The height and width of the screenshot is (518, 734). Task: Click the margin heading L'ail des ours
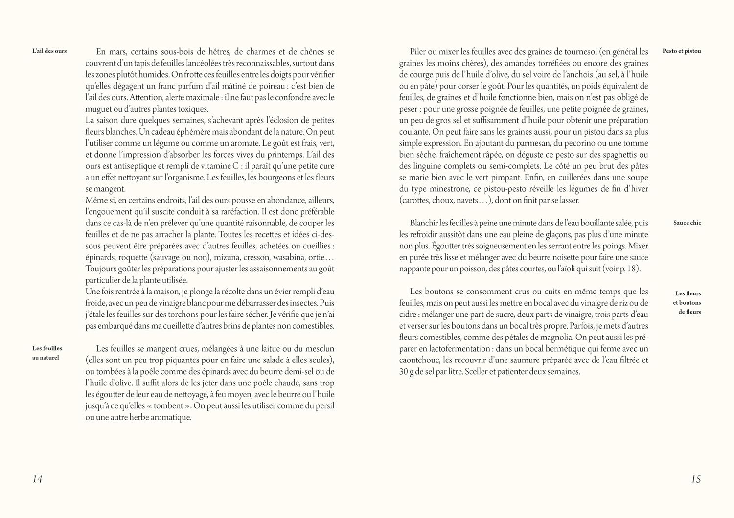[x=49, y=51]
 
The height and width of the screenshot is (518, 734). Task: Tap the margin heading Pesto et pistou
[x=682, y=51]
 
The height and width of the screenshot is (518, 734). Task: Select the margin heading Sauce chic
[x=687, y=223]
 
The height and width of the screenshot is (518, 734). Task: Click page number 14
[x=37, y=479]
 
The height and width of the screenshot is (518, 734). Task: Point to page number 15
[x=696, y=479]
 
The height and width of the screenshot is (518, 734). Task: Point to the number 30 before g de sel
[x=404, y=372]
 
